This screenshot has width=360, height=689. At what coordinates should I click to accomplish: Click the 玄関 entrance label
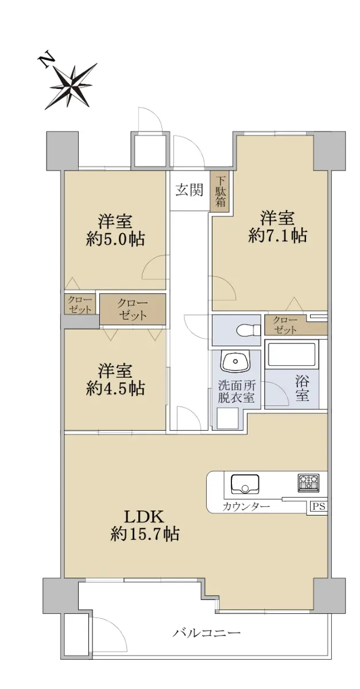point(189,190)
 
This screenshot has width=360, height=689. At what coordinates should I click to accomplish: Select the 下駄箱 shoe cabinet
point(220,191)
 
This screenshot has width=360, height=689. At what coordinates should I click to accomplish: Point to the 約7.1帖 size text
point(277,236)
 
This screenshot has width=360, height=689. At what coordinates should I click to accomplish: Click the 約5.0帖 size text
point(115,239)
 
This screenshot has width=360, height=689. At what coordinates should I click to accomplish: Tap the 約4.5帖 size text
point(115,389)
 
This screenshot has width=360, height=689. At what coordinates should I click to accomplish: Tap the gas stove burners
point(308,482)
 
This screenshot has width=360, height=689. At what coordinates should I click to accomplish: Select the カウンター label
point(246,506)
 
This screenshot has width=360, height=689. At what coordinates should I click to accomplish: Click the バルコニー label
point(206,633)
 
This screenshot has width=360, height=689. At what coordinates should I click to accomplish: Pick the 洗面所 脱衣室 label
point(237,391)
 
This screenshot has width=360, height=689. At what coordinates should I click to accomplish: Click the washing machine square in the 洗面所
point(228,418)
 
